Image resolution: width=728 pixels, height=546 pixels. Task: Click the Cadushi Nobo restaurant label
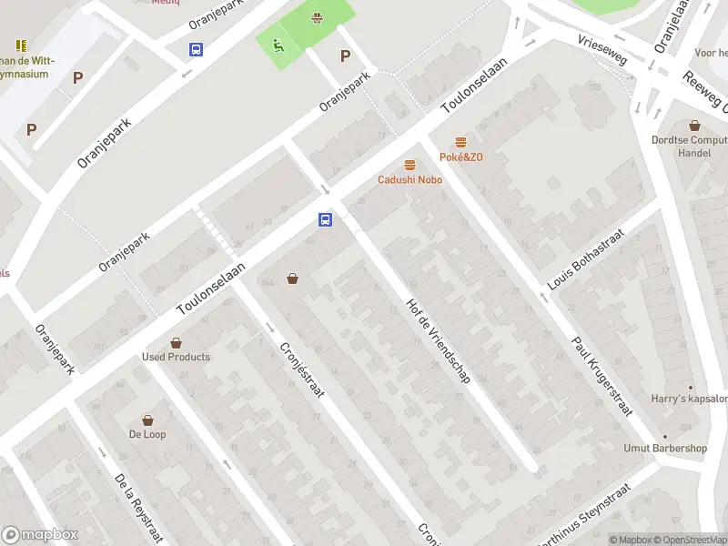tap(410, 179)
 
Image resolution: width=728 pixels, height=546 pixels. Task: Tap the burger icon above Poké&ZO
tap(460, 143)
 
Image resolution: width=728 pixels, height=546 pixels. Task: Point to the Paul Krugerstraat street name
tap(602, 377)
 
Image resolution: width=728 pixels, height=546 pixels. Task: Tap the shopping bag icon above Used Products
tap(176, 343)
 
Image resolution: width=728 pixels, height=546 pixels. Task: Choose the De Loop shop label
tap(147, 434)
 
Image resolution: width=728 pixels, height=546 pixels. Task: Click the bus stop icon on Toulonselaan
tap(325, 219)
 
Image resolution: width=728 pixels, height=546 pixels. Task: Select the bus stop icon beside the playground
tap(196, 50)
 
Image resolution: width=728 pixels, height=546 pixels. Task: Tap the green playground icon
tap(278, 44)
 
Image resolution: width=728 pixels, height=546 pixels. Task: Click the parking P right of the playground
tap(345, 56)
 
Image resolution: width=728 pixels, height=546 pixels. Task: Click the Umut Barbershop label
tap(665, 448)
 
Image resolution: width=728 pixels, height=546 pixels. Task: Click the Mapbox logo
tap(40, 535)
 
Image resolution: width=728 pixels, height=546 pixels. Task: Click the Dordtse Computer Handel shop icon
tap(694, 126)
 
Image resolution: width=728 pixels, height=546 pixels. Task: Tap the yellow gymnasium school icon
tap(20, 45)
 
